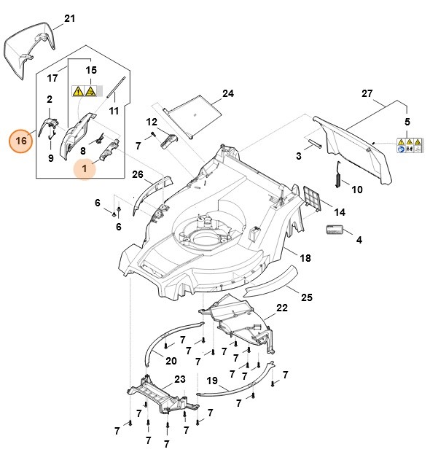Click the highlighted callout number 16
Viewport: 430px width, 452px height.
point(21,139)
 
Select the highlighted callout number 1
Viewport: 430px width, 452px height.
point(86,169)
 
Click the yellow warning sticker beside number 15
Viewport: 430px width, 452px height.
point(85,92)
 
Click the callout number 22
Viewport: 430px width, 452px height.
point(262,308)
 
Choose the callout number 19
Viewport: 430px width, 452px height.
point(211,380)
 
